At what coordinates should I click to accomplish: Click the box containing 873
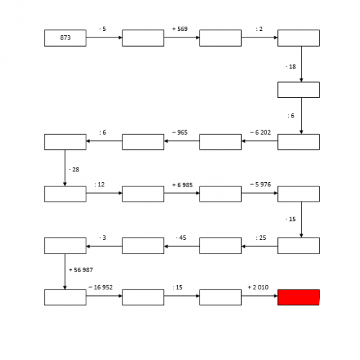pyautogui.click(x=65, y=38)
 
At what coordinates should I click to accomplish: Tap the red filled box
pyautogui.click(x=298, y=297)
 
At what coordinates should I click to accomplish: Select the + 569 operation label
pyautogui.click(x=180, y=29)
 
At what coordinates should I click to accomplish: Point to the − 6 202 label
pyautogui.click(x=260, y=132)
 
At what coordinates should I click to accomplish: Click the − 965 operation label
pyautogui.click(x=180, y=132)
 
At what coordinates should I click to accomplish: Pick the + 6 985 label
pyautogui.click(x=182, y=185)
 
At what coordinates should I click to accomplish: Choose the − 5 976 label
pyautogui.click(x=260, y=184)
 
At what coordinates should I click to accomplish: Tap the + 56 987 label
pyautogui.click(x=81, y=270)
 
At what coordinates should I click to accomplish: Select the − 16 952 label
pyautogui.click(x=101, y=287)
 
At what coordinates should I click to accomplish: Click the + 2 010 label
pyautogui.click(x=258, y=287)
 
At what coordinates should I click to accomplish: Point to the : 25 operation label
pyautogui.click(x=261, y=238)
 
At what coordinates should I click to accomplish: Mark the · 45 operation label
pyautogui.click(x=181, y=238)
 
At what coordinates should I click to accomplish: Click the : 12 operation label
pyautogui.click(x=99, y=184)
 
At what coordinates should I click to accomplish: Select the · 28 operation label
pyautogui.click(x=74, y=170)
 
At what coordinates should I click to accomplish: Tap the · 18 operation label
pyautogui.click(x=291, y=67)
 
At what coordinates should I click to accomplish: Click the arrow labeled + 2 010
pyautogui.click(x=260, y=296)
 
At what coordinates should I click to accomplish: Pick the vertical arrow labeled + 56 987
pyautogui.click(x=65, y=271)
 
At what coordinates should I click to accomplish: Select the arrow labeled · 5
pyautogui.click(x=104, y=37)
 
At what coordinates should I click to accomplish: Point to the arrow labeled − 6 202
pyautogui.click(x=260, y=141)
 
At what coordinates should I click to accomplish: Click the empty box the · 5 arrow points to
pyautogui.click(x=143, y=38)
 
